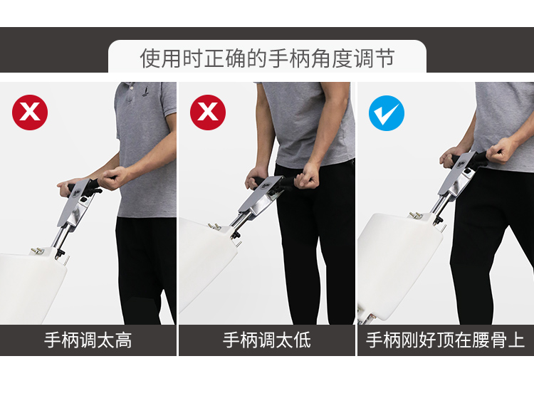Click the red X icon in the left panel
pyautogui.click(x=30, y=113)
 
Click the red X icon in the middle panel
pyautogui.click(x=208, y=113)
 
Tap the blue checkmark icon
pyautogui.click(x=387, y=113)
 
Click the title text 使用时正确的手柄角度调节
pyautogui.click(x=267, y=58)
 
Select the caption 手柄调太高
pyautogui.click(x=88, y=340)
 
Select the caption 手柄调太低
pyautogui.click(x=267, y=340)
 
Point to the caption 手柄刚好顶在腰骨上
pyautogui.click(x=445, y=340)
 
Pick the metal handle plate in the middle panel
pyautogui.click(x=261, y=197)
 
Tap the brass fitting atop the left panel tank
pyautogui.click(x=38, y=251)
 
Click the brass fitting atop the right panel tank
pyautogui.click(x=416, y=214)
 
